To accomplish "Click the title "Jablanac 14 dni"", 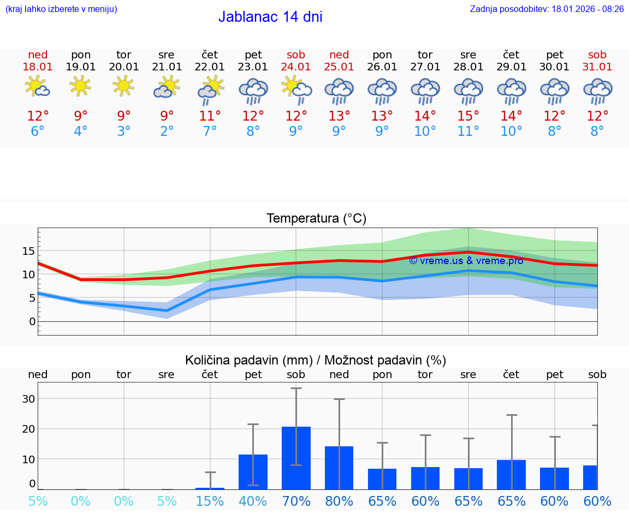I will tap(270, 17).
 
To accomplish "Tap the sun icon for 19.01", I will tap(80, 86).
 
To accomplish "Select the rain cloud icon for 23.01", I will tap(253, 90).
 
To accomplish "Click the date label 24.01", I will tap(296, 67).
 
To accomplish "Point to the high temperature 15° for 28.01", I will tap(468, 116).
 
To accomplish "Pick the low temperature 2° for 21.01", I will tap(167, 131).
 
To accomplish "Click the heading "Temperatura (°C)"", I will tap(316, 219).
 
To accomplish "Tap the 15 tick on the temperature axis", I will tap(28, 251).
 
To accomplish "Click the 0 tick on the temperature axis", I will tap(32, 321).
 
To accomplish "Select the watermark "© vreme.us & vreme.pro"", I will tap(466, 261).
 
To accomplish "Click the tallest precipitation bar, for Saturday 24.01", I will tap(296, 458).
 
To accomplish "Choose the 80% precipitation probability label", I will tap(339, 501).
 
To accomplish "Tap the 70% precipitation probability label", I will tap(296, 501).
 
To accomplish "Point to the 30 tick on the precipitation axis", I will tap(28, 399).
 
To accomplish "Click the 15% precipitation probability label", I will tap(210, 501).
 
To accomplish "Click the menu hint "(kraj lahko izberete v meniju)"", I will tap(61, 9).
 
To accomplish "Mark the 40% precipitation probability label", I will tap(253, 501).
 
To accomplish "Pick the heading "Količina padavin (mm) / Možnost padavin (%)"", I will tap(316, 360).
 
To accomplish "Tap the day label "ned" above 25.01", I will tap(339, 55).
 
